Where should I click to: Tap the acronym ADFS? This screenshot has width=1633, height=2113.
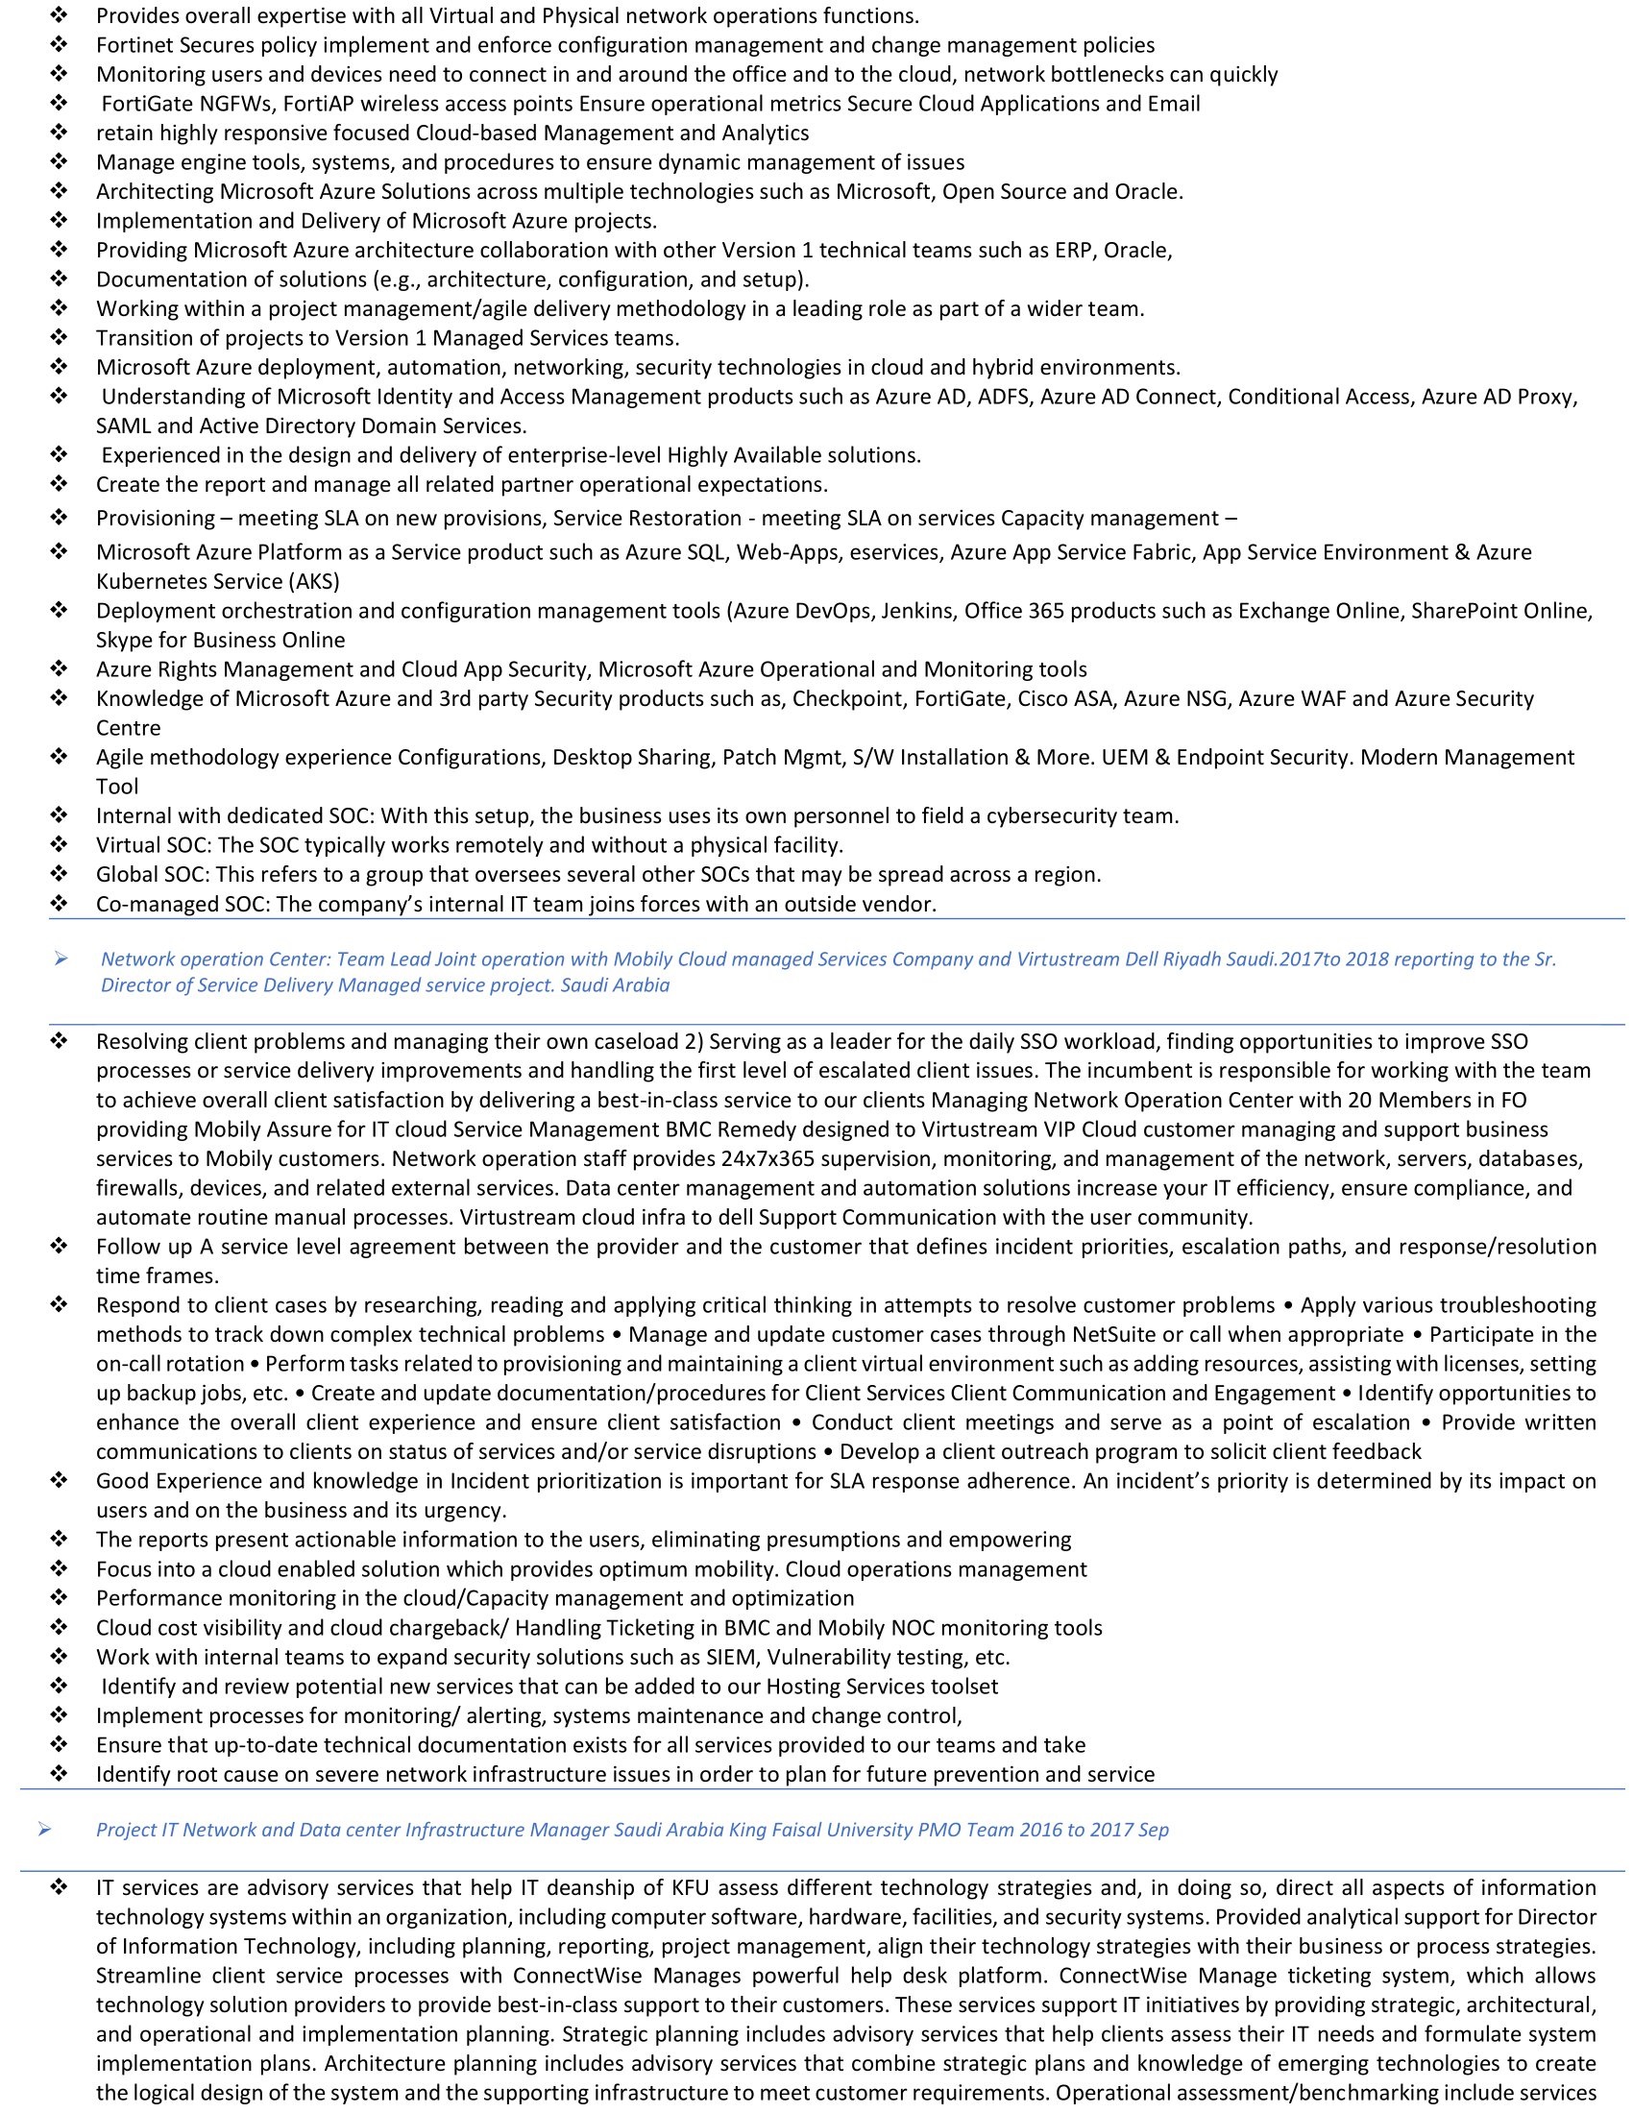(1006, 397)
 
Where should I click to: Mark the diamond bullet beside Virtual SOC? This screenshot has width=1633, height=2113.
(59, 844)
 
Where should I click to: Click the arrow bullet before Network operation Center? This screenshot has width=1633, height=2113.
(61, 959)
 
